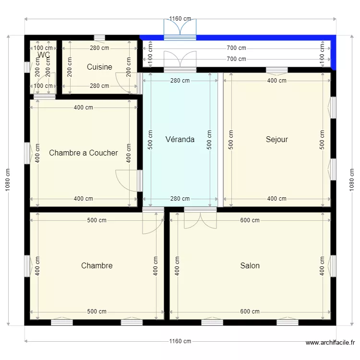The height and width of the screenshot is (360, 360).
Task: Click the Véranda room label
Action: click(x=180, y=140)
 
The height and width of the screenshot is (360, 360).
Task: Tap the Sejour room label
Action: click(x=277, y=140)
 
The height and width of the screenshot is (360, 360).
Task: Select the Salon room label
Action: click(x=250, y=265)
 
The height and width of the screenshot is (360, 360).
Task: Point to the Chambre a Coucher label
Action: click(x=84, y=153)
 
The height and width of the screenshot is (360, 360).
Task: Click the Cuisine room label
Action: click(x=99, y=67)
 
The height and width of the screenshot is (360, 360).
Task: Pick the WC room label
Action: click(x=43, y=55)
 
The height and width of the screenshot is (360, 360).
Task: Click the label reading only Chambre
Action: click(x=97, y=265)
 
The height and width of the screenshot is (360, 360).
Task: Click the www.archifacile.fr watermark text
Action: click(x=330, y=343)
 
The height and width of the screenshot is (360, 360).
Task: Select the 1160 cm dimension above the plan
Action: click(x=180, y=19)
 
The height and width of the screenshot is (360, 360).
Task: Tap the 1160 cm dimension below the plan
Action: click(x=180, y=341)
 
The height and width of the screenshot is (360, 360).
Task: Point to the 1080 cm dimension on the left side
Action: click(x=8, y=180)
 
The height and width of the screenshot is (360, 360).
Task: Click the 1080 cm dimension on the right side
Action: click(x=352, y=180)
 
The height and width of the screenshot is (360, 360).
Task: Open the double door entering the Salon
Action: click(x=200, y=218)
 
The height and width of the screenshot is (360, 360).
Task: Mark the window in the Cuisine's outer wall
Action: click(x=99, y=37)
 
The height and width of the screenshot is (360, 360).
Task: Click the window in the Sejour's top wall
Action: click(x=277, y=70)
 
